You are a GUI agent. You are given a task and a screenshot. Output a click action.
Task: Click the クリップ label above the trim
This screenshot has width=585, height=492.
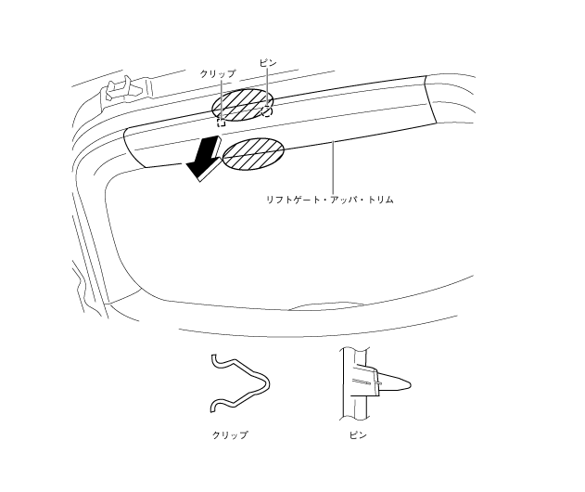point(218,72)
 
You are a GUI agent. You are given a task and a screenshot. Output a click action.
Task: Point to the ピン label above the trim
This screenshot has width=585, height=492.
point(267,64)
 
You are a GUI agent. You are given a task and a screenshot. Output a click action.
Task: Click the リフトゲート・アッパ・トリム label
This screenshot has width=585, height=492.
point(330,199)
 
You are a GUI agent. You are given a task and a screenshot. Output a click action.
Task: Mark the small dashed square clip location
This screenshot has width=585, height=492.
point(221,122)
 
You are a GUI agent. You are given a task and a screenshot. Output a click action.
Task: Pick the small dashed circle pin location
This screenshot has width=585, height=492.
point(267,111)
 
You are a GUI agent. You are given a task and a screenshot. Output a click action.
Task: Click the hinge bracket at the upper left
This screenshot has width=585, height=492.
point(117,87)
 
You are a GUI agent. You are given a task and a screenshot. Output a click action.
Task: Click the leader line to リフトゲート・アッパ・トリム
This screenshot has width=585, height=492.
point(331,167)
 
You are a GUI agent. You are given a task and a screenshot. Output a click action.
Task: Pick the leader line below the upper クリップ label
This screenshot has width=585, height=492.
point(220,97)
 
